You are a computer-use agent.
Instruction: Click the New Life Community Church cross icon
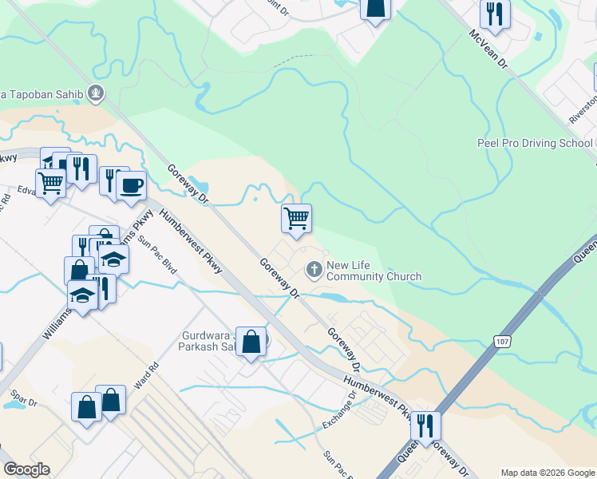314,270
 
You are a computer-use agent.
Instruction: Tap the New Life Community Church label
374,271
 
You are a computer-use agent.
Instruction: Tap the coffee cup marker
132,186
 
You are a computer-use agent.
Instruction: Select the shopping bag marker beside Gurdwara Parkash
251,342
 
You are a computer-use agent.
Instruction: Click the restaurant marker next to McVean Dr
495,14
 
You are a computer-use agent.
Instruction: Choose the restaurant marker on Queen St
425,426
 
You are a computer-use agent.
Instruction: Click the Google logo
26,469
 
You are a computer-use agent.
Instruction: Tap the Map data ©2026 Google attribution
547,473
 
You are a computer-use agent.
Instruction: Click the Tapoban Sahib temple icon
97,94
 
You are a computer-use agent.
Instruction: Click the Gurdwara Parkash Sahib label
206,341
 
